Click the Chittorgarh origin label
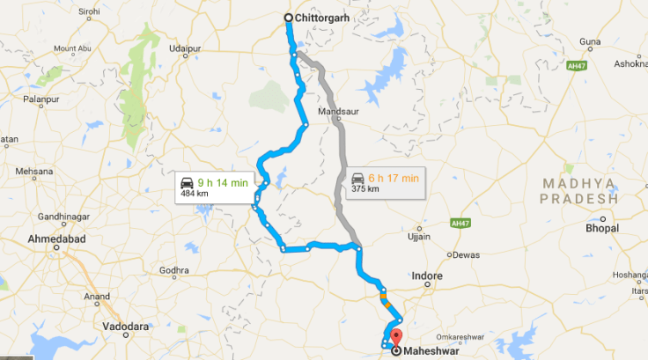(323, 17)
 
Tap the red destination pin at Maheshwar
(395, 335)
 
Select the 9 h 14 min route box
(215, 185)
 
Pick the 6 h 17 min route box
(385, 182)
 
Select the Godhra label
(174, 270)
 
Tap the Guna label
(590, 41)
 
